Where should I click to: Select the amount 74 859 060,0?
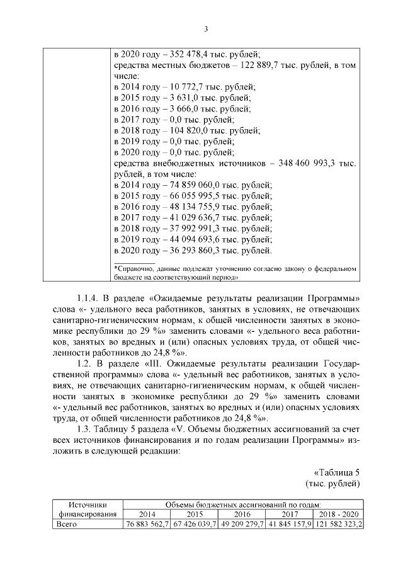(x=203, y=185)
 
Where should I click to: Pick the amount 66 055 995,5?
(x=203, y=196)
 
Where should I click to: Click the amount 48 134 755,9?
(x=203, y=207)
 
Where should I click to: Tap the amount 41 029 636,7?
(x=203, y=217)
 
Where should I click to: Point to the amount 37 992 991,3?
(x=203, y=229)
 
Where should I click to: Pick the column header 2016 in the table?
(x=242, y=514)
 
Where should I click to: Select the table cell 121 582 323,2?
(x=338, y=523)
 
